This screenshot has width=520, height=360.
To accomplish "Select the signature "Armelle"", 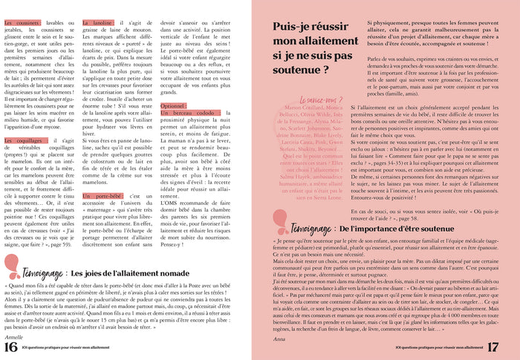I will (15, 335).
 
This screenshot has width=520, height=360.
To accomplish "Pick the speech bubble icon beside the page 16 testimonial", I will (11, 266).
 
